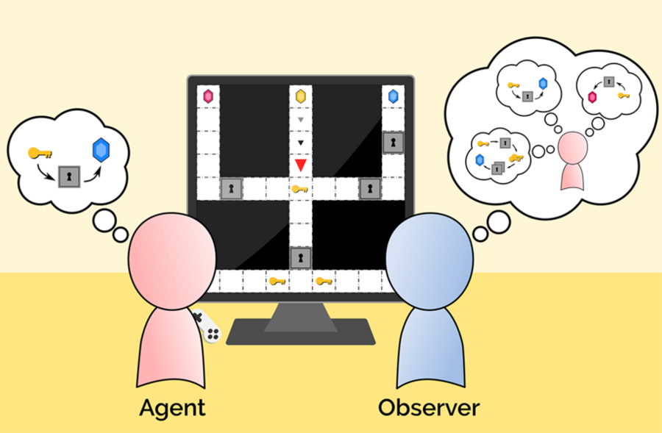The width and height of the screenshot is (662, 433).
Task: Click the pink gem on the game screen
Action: click(x=208, y=96)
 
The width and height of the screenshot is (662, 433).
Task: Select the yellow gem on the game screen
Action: click(x=300, y=96)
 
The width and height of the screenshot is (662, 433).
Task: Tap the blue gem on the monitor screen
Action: click(x=393, y=96)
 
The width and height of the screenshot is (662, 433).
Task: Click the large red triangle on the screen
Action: click(x=300, y=165)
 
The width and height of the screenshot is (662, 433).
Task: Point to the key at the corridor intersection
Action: click(x=299, y=190)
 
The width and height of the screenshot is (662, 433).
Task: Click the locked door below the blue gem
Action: click(x=393, y=142)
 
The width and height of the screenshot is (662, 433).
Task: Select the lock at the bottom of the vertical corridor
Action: click(x=300, y=257)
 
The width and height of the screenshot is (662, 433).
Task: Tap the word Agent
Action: click(x=172, y=407)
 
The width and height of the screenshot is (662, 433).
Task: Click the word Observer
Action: click(x=429, y=407)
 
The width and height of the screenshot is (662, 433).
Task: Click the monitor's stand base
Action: click(x=300, y=332)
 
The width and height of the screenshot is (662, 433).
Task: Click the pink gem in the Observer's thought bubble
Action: click(x=592, y=96)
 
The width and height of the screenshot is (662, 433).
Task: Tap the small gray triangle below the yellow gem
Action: click(x=300, y=119)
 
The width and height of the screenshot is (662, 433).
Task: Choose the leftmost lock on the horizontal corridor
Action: click(x=232, y=189)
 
